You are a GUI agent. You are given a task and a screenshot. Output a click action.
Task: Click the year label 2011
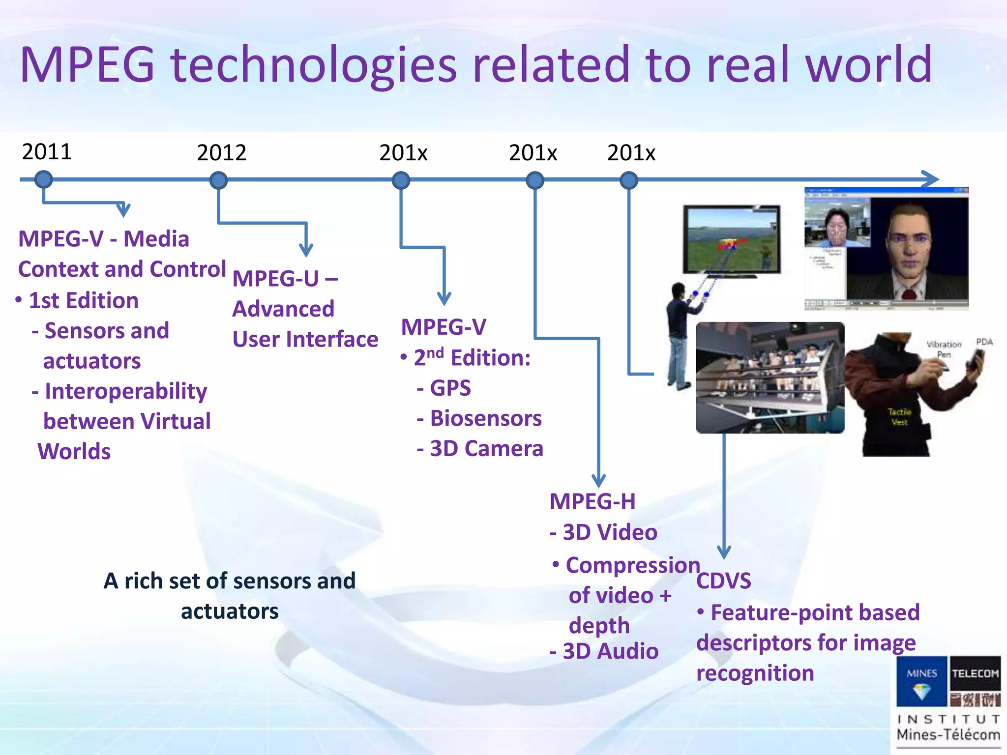tap(47, 151)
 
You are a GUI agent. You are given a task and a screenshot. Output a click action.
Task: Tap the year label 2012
tap(221, 153)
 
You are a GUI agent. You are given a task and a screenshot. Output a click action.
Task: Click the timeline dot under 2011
tap(44, 179)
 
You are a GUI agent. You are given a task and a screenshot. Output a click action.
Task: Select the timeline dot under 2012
tap(218, 180)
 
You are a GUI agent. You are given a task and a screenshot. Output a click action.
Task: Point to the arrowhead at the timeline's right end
tap(931, 179)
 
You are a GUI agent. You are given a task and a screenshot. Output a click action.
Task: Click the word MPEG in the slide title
tap(88, 65)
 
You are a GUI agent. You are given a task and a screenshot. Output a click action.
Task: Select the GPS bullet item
tap(450, 388)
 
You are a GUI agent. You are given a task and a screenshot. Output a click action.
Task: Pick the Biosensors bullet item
tap(485, 418)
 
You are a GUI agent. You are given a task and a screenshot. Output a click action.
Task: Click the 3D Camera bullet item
tap(486, 449)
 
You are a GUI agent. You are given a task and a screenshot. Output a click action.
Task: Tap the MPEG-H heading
tap(592, 502)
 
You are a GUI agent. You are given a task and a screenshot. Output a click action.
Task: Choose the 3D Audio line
tap(610, 651)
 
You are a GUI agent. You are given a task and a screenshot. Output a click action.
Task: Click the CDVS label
tap(723, 581)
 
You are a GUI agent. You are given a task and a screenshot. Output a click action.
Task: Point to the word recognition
tap(755, 673)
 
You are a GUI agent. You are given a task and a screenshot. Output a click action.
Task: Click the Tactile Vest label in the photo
tap(899, 417)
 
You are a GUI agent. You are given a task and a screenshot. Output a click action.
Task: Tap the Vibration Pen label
tap(944, 349)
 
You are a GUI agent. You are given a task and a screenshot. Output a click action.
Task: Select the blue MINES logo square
tap(921, 681)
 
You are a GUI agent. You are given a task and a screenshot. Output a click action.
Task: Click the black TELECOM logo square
tap(975, 681)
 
